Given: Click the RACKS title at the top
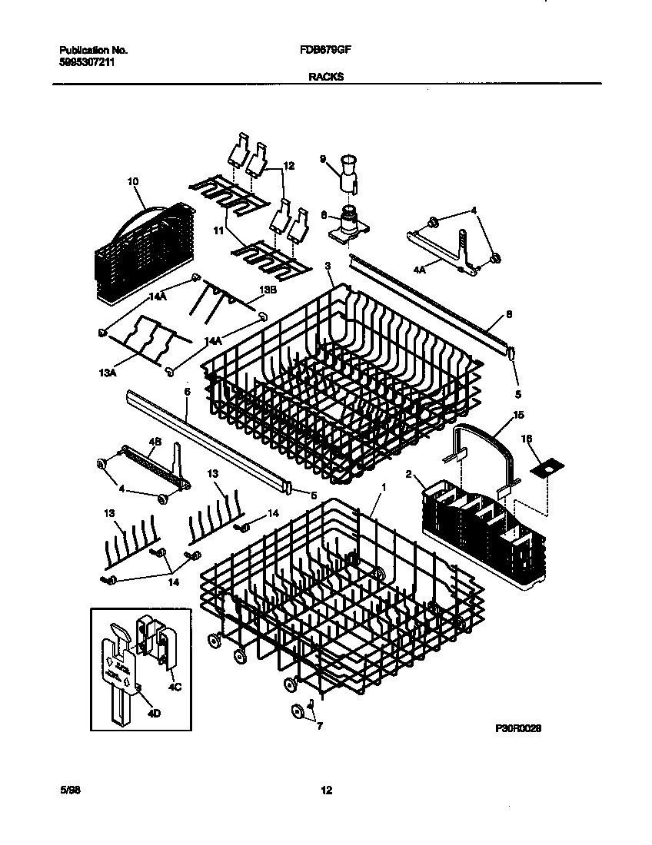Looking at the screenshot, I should pyautogui.click(x=326, y=76).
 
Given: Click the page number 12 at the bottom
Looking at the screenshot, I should pyautogui.click(x=326, y=790).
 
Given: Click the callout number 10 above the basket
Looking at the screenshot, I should pyautogui.click(x=133, y=181).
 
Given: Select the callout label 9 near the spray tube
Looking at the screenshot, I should pyautogui.click(x=324, y=159).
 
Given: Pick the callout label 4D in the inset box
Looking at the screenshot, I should pyautogui.click(x=152, y=714).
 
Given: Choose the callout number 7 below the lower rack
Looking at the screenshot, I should pyautogui.click(x=320, y=724).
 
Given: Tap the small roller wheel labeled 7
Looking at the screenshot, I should pyautogui.click(x=297, y=711).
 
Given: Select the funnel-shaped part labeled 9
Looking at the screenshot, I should pyautogui.click(x=349, y=171).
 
